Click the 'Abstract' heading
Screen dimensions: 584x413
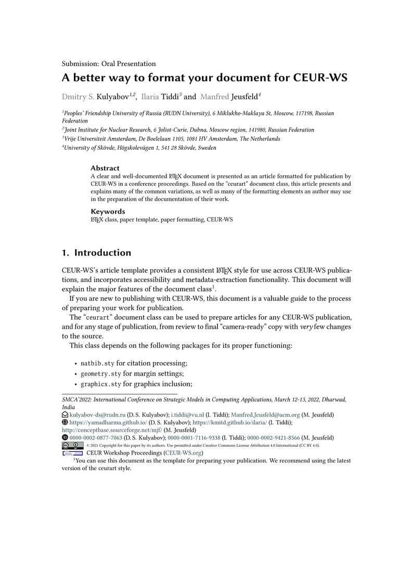coord(105,168)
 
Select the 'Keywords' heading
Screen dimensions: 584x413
coord(108,211)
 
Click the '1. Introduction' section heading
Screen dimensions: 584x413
coord(96,253)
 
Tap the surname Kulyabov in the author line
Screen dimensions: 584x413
coord(113,96)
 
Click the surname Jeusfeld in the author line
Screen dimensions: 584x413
coord(242,96)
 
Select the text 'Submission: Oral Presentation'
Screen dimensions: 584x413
coord(109,64)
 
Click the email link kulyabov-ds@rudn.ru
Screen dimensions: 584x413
coord(97,414)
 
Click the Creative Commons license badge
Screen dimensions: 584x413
coord(72,445)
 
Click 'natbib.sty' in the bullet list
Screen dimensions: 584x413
coord(97,363)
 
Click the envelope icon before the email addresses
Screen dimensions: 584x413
coord(65,414)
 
